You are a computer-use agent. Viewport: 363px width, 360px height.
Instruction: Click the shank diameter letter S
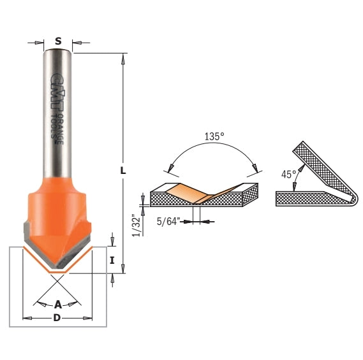58,41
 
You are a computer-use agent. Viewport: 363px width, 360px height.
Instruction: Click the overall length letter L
124,171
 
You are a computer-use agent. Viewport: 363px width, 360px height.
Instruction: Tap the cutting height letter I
112,260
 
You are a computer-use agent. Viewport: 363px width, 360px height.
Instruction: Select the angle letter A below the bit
58,304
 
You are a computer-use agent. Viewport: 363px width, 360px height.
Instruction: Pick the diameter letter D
57,318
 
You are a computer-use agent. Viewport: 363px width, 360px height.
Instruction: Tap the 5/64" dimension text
167,222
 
